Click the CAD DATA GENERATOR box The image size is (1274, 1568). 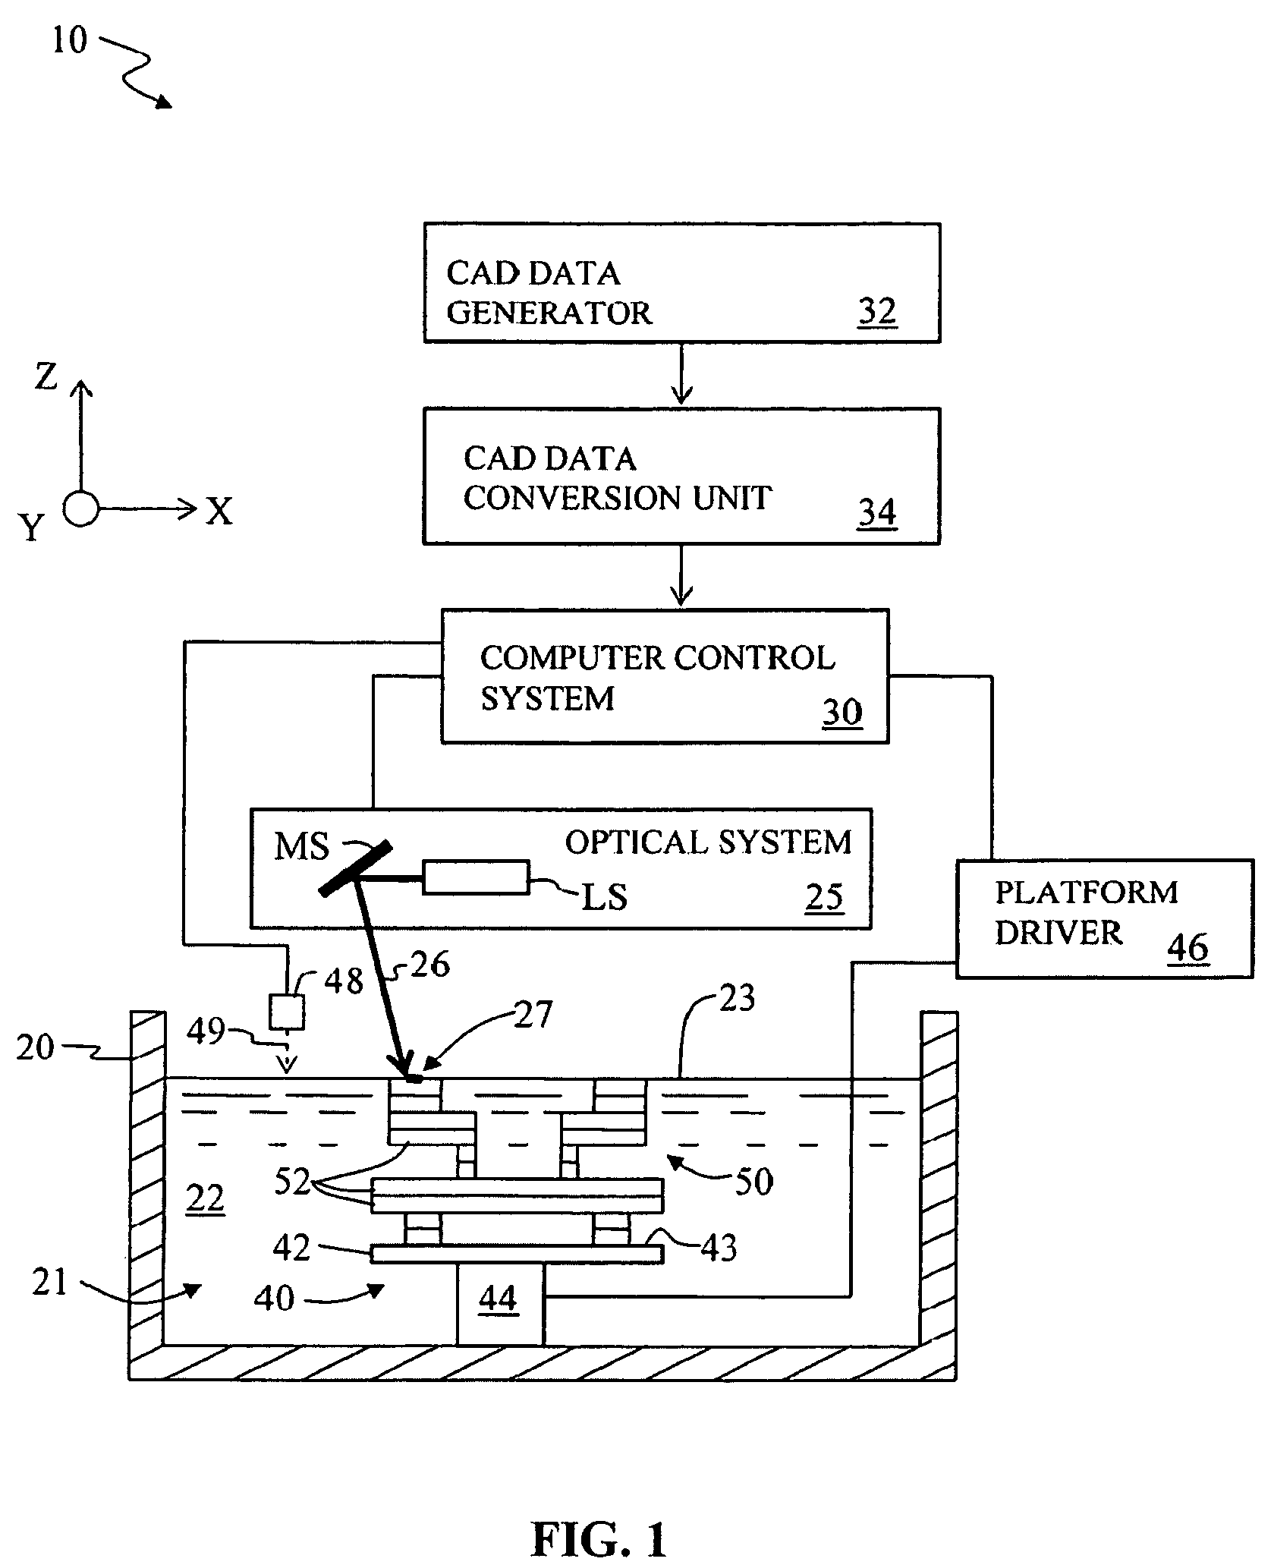(x=681, y=282)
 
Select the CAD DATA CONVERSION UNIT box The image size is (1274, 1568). (x=681, y=476)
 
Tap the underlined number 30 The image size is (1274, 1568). (x=842, y=712)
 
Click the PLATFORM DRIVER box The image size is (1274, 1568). (x=1104, y=918)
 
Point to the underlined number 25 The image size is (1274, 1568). (x=824, y=897)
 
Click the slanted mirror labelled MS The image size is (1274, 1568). (x=355, y=867)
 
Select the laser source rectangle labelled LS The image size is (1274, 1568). (x=476, y=877)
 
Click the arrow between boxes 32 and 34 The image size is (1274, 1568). (x=682, y=374)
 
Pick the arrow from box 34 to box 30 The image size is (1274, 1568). (x=682, y=575)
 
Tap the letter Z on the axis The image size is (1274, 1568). (x=46, y=376)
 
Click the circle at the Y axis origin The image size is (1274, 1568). (x=80, y=508)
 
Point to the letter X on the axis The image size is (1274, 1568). (x=219, y=512)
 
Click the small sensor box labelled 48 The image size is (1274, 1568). (x=288, y=1012)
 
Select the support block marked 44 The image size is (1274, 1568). (x=499, y=1300)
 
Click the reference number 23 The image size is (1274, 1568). (x=736, y=999)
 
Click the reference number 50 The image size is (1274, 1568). (x=753, y=1182)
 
